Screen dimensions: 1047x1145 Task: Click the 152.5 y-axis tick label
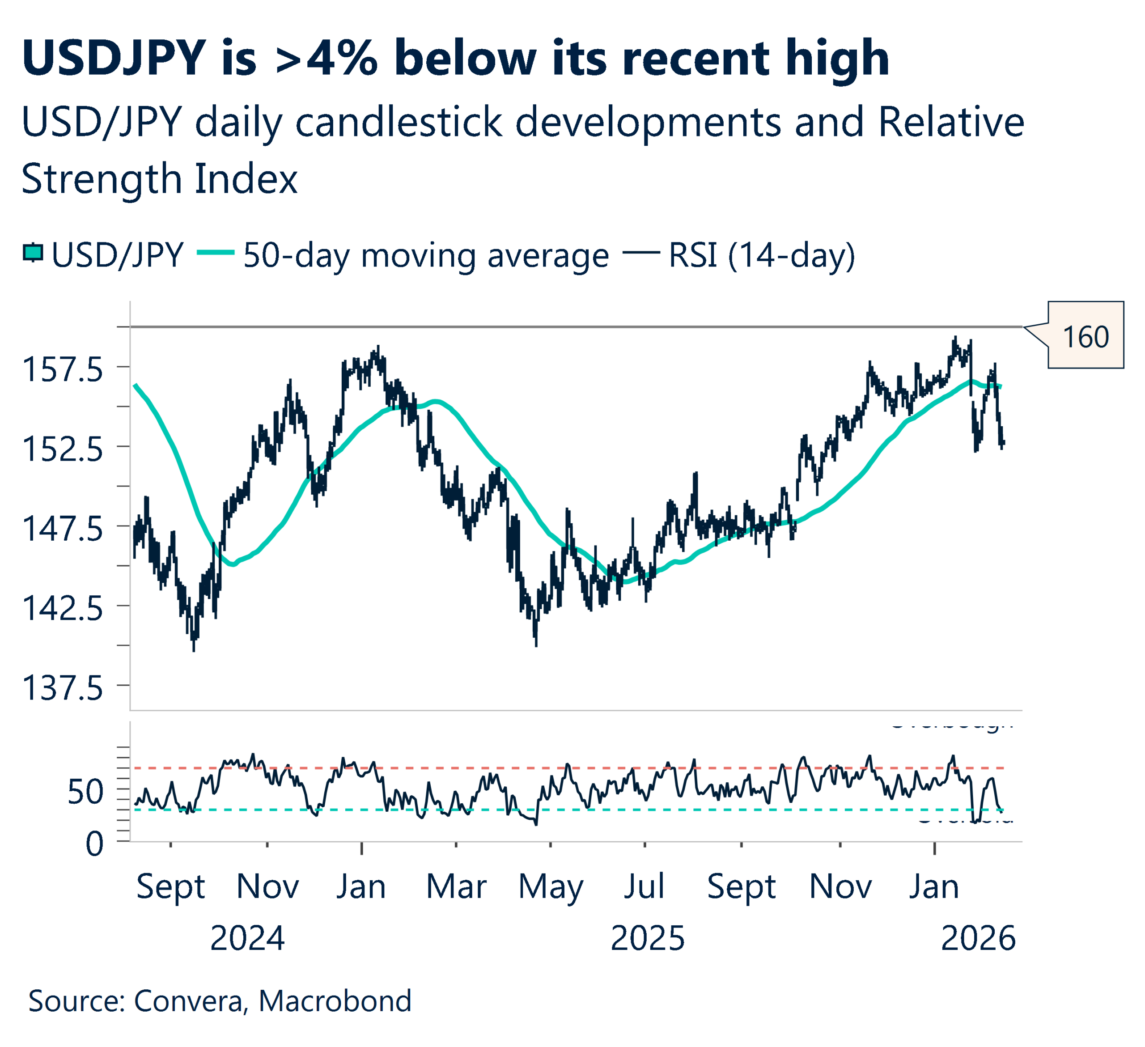tap(63, 449)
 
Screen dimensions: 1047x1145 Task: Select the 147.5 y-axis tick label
tap(63, 529)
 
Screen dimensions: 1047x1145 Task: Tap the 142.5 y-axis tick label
tap(63, 609)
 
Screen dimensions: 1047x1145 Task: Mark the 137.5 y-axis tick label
tap(63, 688)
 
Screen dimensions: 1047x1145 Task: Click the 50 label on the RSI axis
tap(85, 792)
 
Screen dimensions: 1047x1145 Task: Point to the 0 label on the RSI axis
tap(94, 844)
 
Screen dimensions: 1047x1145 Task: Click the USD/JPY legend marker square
tap(33, 253)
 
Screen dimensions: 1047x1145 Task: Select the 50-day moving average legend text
tap(426, 255)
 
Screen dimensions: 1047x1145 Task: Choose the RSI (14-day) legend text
tap(761, 255)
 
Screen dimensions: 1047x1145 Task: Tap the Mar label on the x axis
tap(456, 887)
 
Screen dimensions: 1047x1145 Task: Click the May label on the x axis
tap(550, 887)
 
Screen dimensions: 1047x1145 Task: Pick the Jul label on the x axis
tap(644, 887)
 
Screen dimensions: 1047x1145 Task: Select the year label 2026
tap(977, 939)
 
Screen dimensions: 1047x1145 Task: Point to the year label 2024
tap(247, 939)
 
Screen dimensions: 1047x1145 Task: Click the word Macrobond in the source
tap(335, 1001)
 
